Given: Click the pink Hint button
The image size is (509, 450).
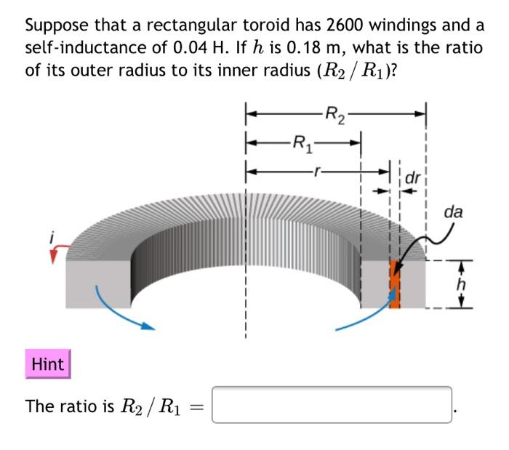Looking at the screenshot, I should (x=48, y=364).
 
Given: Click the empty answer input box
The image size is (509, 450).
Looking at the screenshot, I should (x=332, y=405).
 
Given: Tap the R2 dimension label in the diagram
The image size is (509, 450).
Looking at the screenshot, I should (x=335, y=113).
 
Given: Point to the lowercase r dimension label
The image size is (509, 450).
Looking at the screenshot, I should (x=316, y=172).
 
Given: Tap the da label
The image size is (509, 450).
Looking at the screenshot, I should (x=454, y=212).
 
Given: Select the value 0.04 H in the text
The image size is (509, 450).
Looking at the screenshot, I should (x=185, y=49).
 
